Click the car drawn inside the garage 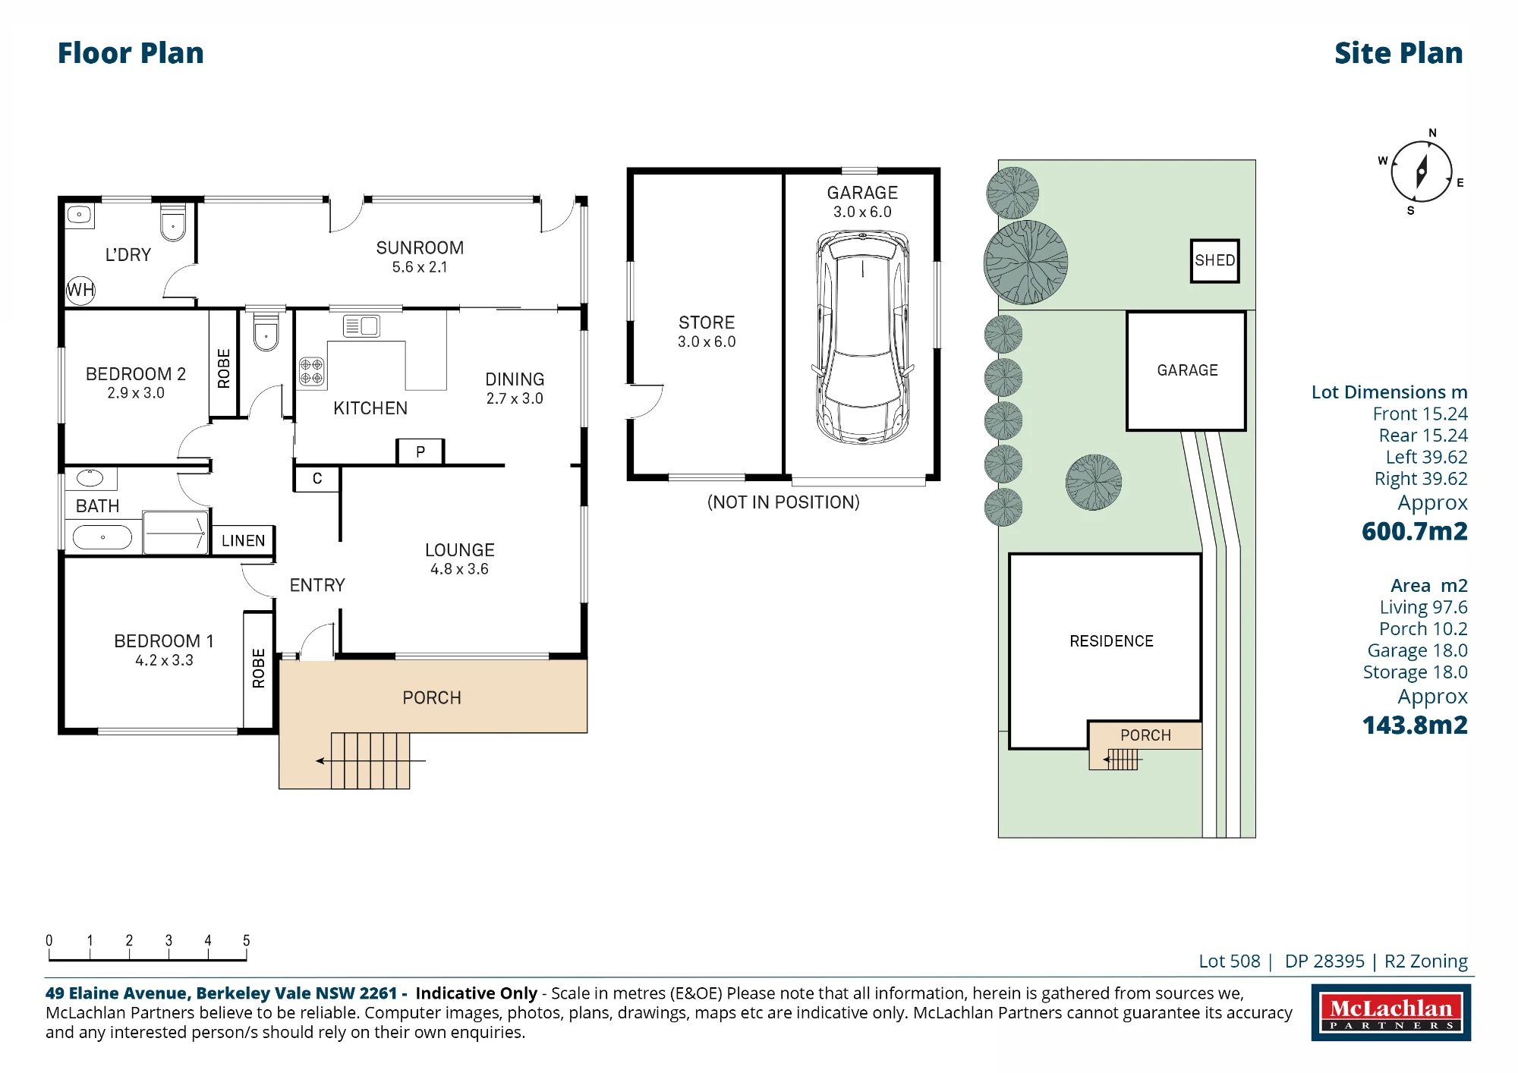pos(862,338)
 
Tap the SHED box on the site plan pos(1214,261)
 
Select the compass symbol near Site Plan pos(1421,172)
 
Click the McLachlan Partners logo pos(1390,1012)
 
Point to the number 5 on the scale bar pos(246,940)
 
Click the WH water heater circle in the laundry pos(80,290)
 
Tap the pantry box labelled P pos(420,452)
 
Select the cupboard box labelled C pos(317,479)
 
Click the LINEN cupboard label pos(243,541)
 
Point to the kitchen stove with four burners pos(311,371)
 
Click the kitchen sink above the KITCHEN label pos(361,326)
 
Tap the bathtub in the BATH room pos(102,537)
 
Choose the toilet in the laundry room pos(173,222)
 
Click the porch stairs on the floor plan pos(370,760)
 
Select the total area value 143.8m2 pos(1415,725)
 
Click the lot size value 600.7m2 pos(1415,531)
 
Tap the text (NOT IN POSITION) pos(783,502)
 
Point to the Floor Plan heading pos(131,53)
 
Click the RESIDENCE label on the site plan pos(1111,641)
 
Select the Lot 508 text pos(1230,961)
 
